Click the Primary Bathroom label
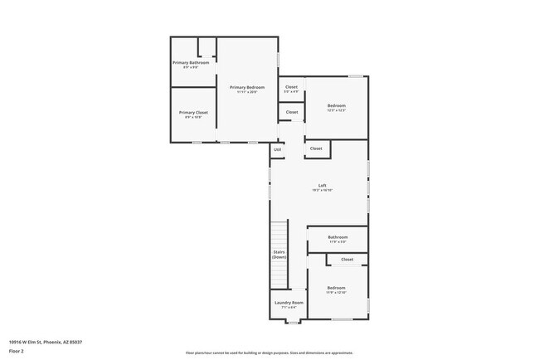point(190,63)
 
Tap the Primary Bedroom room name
point(247,87)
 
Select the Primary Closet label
point(190,112)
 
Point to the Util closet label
point(278,149)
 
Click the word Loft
point(322,185)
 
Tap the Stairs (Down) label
point(279,255)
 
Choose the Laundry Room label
point(289,303)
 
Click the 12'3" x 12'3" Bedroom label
point(336,105)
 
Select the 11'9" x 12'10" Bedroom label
point(336,288)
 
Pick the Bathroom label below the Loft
point(337,237)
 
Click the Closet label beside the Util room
point(315,148)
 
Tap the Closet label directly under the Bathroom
point(347,260)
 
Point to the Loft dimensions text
point(322,191)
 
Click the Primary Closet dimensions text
point(190,117)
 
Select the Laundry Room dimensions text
point(289,308)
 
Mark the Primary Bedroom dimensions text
point(247,92)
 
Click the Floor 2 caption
point(17,352)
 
